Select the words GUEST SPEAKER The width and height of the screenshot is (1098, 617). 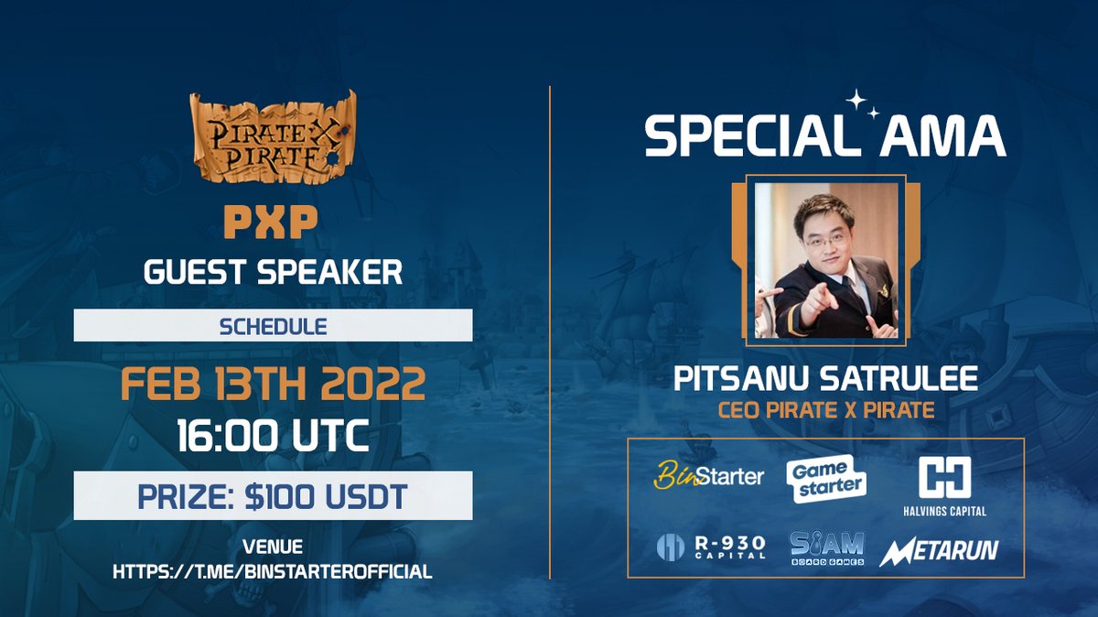273,272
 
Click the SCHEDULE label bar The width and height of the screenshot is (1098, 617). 273,326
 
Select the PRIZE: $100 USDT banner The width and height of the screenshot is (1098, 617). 273,495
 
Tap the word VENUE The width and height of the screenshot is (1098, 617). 273,548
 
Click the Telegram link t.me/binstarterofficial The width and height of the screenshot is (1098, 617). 273,572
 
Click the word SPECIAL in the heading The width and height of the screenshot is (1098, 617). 736,137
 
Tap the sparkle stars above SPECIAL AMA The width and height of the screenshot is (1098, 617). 861,103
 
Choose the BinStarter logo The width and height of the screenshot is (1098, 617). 709,475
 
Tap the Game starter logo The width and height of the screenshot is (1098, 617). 825,477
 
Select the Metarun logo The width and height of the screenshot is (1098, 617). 939,550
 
